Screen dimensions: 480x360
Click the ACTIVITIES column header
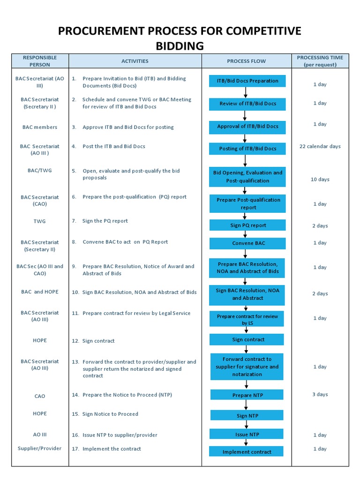coord(135,61)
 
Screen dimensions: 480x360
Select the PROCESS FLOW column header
coord(246,61)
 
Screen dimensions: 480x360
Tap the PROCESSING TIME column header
coord(320,61)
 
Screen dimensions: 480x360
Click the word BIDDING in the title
coord(180,45)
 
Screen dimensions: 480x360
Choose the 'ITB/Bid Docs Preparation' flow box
coord(247,81)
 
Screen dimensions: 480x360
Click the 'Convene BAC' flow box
coord(247,243)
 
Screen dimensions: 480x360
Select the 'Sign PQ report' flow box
coord(247,225)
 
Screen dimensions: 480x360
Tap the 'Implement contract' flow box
coord(247,452)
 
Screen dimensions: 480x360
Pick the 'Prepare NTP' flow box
coord(247,395)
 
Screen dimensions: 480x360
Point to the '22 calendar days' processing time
coord(320,146)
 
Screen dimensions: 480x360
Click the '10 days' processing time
coord(320,180)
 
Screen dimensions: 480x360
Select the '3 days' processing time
coord(320,394)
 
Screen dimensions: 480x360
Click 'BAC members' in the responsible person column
coord(40,127)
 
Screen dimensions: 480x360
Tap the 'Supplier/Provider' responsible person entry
coord(40,449)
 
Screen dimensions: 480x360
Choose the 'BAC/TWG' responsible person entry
coord(40,170)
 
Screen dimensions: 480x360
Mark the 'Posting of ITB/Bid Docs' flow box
coord(247,149)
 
